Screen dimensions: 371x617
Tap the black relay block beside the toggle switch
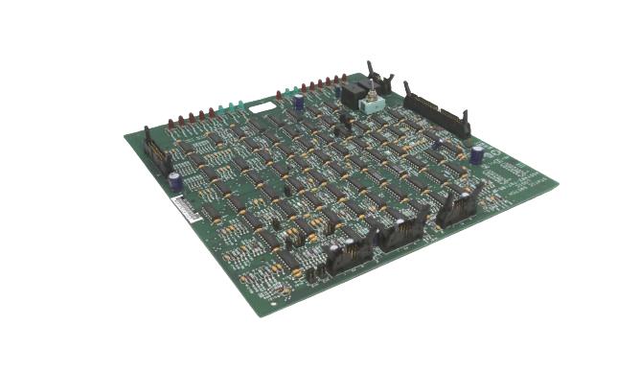click(x=352, y=93)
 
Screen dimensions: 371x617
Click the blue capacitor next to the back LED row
click(x=299, y=100)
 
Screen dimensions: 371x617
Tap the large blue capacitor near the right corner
click(x=476, y=153)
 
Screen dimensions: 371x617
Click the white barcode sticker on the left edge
click(x=177, y=209)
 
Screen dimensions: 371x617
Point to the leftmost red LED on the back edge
click(x=171, y=125)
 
